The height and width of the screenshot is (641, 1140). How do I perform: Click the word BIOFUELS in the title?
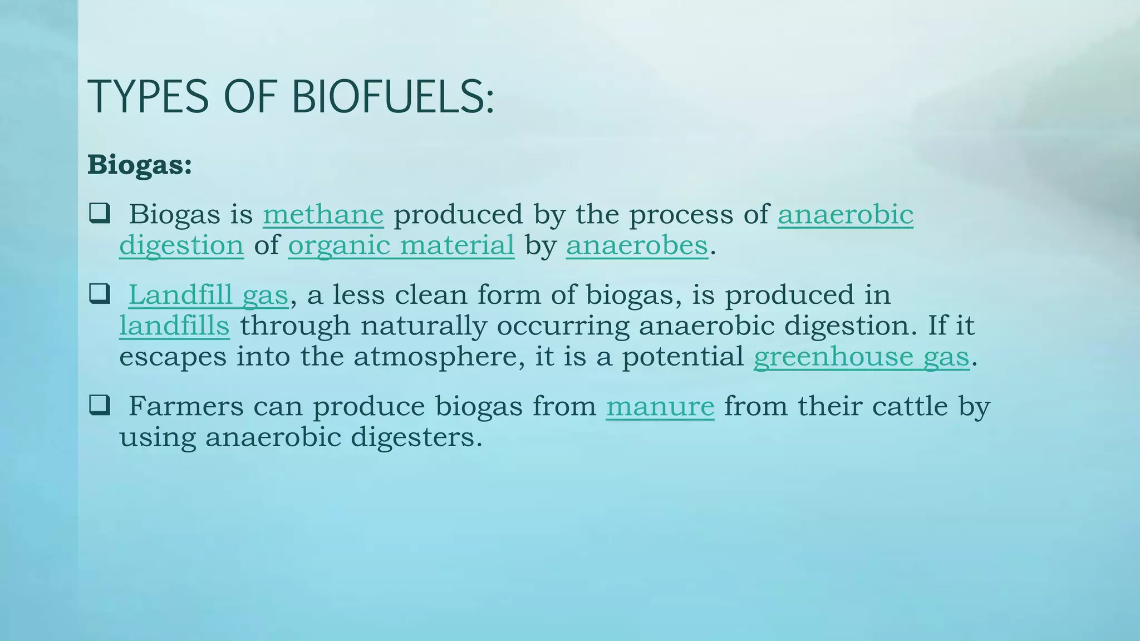(x=392, y=97)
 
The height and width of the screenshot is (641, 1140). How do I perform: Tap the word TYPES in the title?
(x=148, y=97)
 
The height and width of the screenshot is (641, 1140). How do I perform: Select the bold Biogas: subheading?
(x=140, y=165)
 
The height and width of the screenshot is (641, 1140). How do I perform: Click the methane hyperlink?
(x=323, y=214)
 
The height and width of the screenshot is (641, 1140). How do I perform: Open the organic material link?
(x=401, y=245)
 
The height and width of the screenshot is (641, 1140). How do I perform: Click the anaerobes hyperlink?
(x=637, y=245)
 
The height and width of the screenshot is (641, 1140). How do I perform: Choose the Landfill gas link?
(x=208, y=295)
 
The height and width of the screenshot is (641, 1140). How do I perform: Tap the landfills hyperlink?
(x=174, y=326)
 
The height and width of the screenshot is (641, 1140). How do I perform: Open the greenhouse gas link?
(x=861, y=357)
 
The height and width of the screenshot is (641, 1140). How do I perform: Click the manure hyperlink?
(x=660, y=406)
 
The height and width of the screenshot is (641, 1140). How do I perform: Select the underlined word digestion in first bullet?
(x=181, y=245)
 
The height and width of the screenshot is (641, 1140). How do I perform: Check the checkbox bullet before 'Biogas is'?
(x=99, y=213)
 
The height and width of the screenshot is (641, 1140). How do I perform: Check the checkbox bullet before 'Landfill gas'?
(x=99, y=294)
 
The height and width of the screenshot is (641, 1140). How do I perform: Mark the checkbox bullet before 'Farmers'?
(x=99, y=405)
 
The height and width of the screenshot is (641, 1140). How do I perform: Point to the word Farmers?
(x=186, y=406)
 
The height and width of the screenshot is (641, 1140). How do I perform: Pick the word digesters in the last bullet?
(x=416, y=437)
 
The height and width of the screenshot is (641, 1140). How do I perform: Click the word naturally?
(x=424, y=326)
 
